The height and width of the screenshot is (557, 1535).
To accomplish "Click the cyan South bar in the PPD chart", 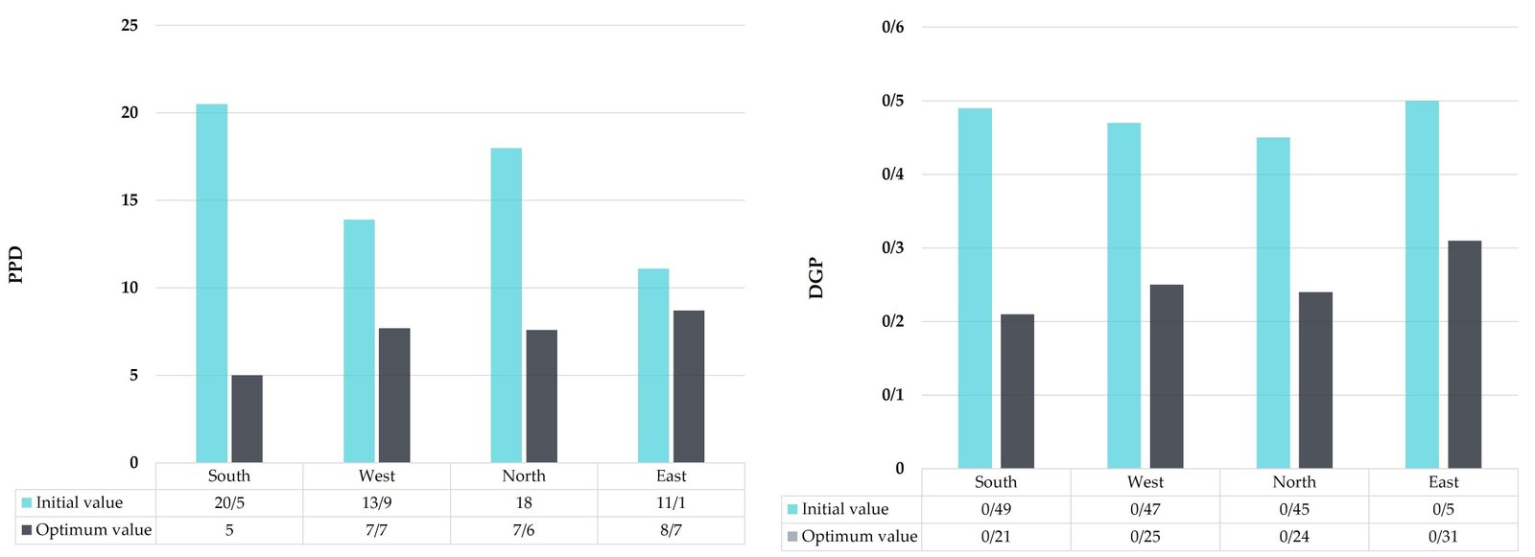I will pos(211,283).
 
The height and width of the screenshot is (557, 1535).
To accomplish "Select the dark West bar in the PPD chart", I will pos(394,395).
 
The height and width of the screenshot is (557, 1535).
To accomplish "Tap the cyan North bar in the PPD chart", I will pos(507,305).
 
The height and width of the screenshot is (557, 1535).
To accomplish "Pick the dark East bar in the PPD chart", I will pos(689,386).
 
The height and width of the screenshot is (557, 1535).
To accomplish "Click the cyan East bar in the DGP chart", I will pos(1422,284).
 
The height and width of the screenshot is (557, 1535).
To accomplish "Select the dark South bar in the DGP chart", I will pos(1017,391).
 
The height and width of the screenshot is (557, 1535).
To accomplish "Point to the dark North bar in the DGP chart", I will pos(1315,380).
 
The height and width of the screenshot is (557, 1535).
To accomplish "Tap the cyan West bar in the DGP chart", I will pos(1123,295).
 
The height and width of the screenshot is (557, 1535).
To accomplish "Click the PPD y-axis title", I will pos(15,265).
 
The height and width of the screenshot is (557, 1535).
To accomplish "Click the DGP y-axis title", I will pos(816,278).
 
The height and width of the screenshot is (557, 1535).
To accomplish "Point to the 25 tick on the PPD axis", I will pos(130,26).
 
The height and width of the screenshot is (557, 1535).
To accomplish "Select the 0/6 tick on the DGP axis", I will pos(892,28).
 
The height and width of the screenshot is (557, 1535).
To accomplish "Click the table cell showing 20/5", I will pos(229,503).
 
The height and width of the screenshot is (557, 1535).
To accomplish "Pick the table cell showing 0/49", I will pos(996,510).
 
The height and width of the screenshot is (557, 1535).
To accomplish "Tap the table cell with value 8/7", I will pos(671,530).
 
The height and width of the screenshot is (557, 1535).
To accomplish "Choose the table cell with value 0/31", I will pos(1443,537).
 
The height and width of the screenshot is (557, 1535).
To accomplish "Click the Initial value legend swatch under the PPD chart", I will pos(27,503).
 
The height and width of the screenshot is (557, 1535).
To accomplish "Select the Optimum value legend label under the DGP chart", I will pos(859,537).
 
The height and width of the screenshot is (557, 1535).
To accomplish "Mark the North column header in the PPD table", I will pos(524,476).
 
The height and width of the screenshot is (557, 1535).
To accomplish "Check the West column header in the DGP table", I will pos(1145,482).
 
